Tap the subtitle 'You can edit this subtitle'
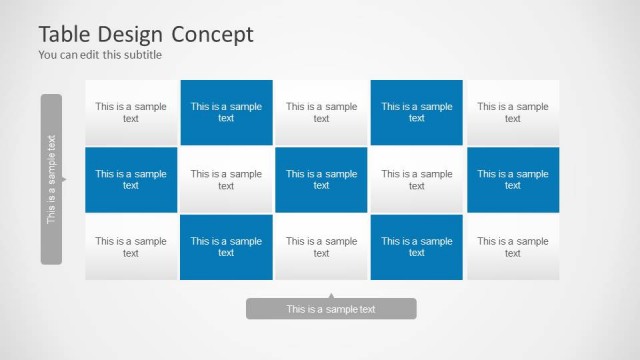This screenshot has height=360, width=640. tap(100, 55)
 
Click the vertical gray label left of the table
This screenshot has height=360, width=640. tap(51, 179)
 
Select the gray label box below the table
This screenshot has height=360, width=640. tap(331, 309)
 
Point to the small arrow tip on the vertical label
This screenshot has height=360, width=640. tap(64, 180)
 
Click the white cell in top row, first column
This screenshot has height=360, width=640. tap(131, 112)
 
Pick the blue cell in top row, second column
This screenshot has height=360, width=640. tap(226, 112)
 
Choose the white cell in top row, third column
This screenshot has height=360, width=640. tap(321, 112)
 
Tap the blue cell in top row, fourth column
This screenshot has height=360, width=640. tap(417, 112)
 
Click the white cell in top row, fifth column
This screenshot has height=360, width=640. tap(513, 112)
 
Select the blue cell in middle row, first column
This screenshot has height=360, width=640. tap(131, 179)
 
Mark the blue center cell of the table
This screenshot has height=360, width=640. tap(321, 179)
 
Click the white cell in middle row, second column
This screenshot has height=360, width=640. tap(226, 179)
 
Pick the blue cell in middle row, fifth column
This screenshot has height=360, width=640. tap(513, 179)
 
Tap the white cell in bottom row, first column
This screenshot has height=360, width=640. tap(131, 246)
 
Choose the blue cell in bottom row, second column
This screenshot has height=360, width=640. tap(226, 246)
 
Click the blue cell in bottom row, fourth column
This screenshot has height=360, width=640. tap(417, 246)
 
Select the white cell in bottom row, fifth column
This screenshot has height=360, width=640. tap(513, 246)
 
